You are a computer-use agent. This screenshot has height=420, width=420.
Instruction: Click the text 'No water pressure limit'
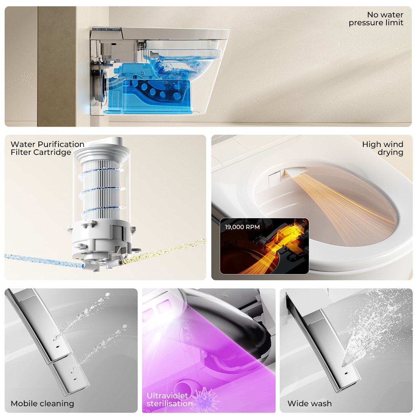[376, 19]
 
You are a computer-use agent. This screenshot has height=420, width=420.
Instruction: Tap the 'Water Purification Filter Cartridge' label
[47, 148]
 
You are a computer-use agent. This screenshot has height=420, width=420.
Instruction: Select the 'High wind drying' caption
[383, 148]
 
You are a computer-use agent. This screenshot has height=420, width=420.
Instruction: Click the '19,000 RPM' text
[242, 227]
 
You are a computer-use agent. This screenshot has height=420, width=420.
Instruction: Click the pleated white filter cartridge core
[101, 189]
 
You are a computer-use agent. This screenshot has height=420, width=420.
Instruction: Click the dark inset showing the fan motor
[264, 246]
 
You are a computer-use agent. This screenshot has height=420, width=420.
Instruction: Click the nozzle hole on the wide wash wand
[346, 373]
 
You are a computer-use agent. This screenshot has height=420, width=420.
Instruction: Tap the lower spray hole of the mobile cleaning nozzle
[75, 379]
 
